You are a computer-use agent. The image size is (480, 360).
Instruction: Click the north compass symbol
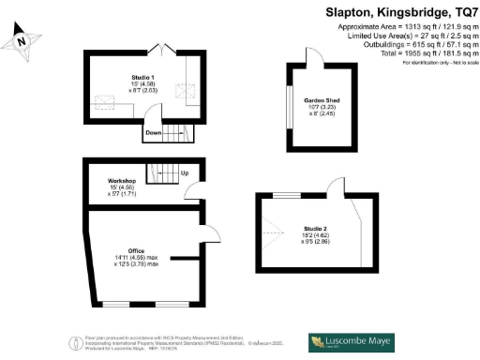23,42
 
